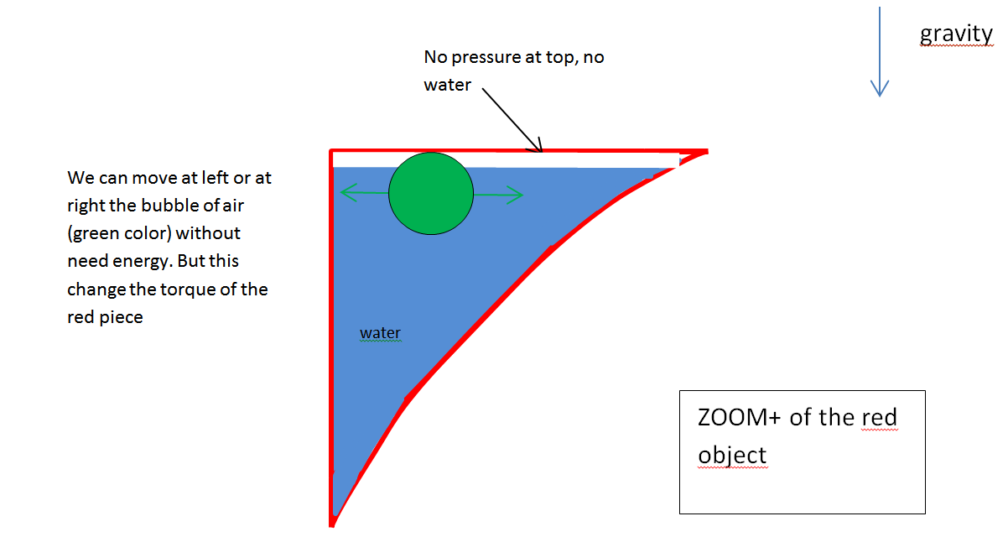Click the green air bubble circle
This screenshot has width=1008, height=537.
(430, 193)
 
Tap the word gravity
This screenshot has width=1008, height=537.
(956, 34)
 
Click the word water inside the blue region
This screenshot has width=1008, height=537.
(380, 333)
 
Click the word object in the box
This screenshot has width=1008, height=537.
(732, 454)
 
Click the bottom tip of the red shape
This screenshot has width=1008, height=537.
(333, 523)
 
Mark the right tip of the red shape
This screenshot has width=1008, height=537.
(706, 152)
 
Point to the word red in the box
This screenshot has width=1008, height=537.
(880, 417)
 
